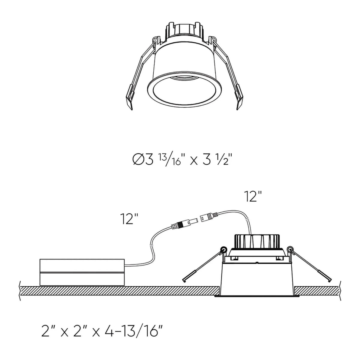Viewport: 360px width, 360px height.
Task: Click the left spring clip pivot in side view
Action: click(223, 249)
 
